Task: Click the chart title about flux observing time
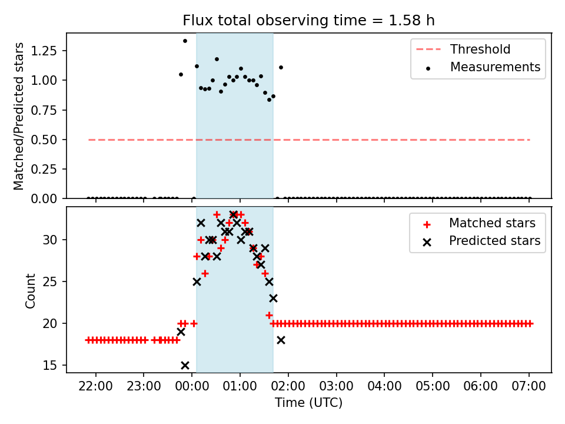point(308,20)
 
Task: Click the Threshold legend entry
point(480,49)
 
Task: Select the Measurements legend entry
point(495,67)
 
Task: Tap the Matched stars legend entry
point(492,223)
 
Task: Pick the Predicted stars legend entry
point(494,241)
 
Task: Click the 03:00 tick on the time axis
point(336,389)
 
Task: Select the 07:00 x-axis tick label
point(529,389)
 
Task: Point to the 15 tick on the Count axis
point(54,366)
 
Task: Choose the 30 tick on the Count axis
point(54,240)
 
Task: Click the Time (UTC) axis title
point(308,403)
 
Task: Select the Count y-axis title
point(30,290)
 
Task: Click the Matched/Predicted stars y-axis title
point(19,116)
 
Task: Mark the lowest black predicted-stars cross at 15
point(185,365)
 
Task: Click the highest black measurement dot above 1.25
point(185,41)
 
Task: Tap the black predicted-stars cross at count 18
point(281,340)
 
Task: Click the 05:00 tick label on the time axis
point(433,389)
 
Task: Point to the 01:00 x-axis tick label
point(240,389)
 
